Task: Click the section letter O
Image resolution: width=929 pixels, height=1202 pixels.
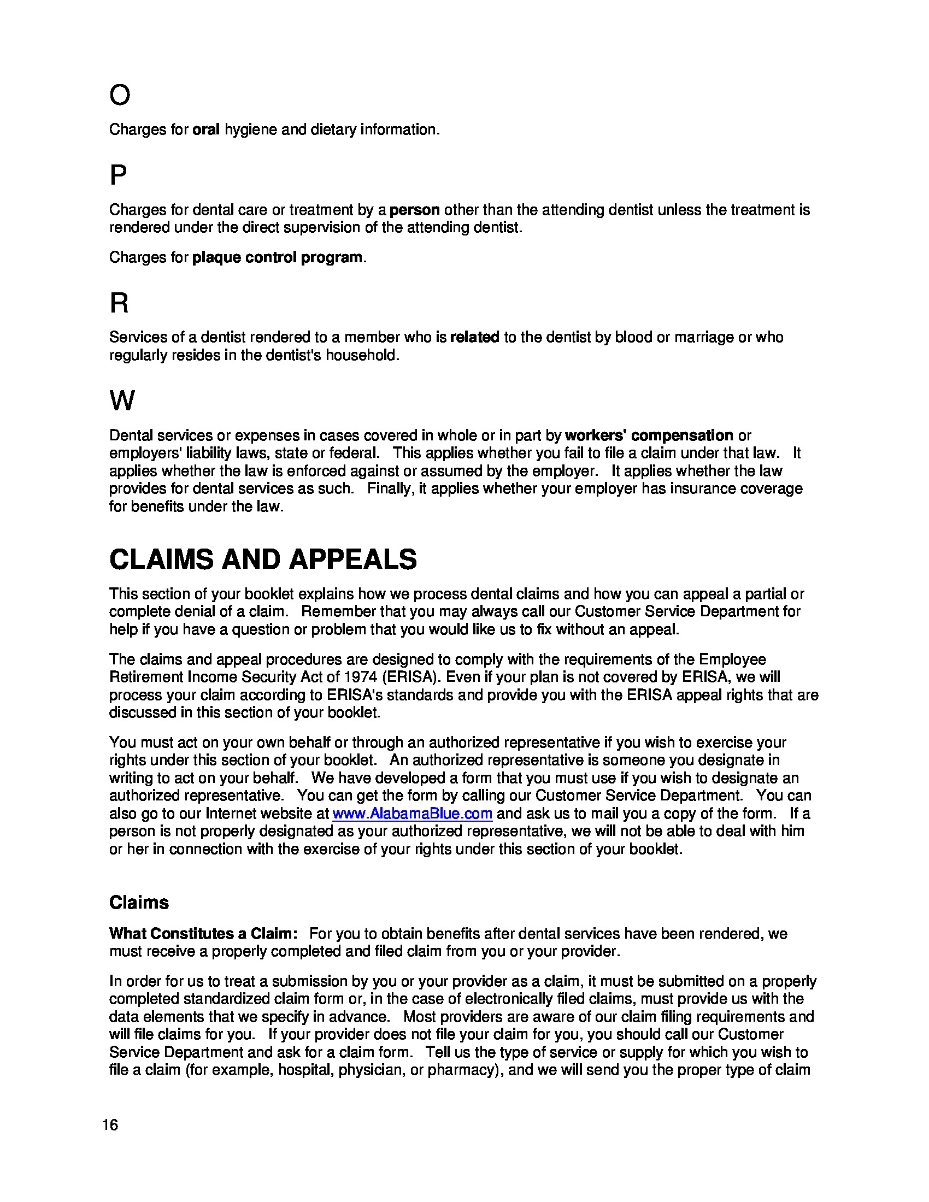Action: tap(120, 95)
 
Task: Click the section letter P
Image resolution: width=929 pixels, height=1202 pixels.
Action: tap(118, 175)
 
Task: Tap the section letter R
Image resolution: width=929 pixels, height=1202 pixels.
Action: tap(119, 303)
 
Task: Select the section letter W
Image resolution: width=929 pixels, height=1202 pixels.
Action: tap(122, 400)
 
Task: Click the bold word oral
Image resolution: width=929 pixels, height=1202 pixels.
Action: tap(206, 130)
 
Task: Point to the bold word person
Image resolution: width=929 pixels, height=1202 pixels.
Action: tap(414, 210)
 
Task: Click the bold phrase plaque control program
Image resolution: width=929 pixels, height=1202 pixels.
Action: tap(277, 257)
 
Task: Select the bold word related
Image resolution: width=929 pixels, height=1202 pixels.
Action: tap(474, 337)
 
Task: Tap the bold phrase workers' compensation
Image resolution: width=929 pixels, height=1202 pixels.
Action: tap(649, 435)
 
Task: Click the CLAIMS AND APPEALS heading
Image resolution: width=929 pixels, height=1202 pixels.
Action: tap(263, 559)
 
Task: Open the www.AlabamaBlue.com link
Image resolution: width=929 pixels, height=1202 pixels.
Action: tap(412, 814)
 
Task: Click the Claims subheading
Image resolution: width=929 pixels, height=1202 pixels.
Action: tap(139, 903)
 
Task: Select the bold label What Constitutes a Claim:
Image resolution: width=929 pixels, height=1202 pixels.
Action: tap(203, 934)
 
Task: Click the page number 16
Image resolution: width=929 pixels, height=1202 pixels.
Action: tap(110, 1125)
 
